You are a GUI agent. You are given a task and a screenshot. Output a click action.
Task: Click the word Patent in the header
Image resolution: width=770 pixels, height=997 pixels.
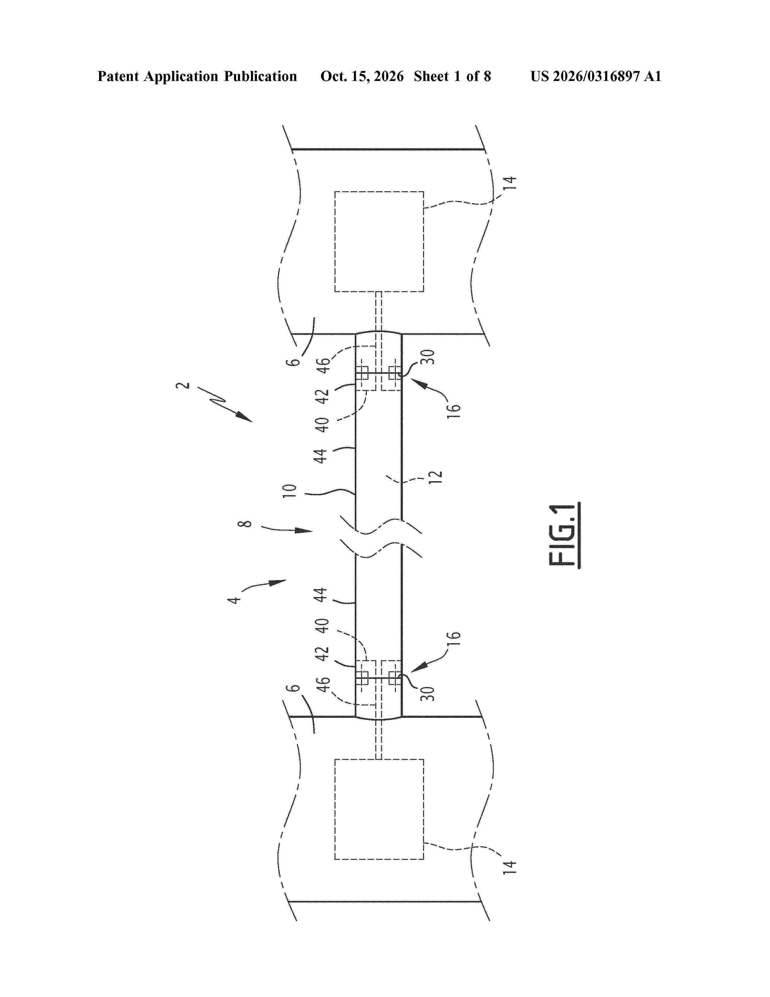pyautogui.click(x=118, y=76)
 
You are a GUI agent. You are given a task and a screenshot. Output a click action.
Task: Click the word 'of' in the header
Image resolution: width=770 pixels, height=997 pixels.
pyautogui.click(x=472, y=76)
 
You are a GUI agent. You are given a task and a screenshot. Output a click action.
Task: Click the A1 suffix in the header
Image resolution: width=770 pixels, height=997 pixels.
pyautogui.click(x=652, y=76)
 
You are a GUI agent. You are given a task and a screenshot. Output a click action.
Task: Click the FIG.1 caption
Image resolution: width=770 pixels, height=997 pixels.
pyautogui.click(x=564, y=535)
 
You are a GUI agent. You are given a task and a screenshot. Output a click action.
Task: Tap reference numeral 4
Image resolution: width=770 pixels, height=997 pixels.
pyautogui.click(x=234, y=599)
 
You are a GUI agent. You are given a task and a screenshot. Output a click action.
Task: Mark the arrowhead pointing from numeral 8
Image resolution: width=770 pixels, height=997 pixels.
pyautogui.click(x=304, y=531)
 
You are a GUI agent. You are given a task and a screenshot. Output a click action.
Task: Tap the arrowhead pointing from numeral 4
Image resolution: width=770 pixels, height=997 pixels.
pyautogui.click(x=278, y=582)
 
